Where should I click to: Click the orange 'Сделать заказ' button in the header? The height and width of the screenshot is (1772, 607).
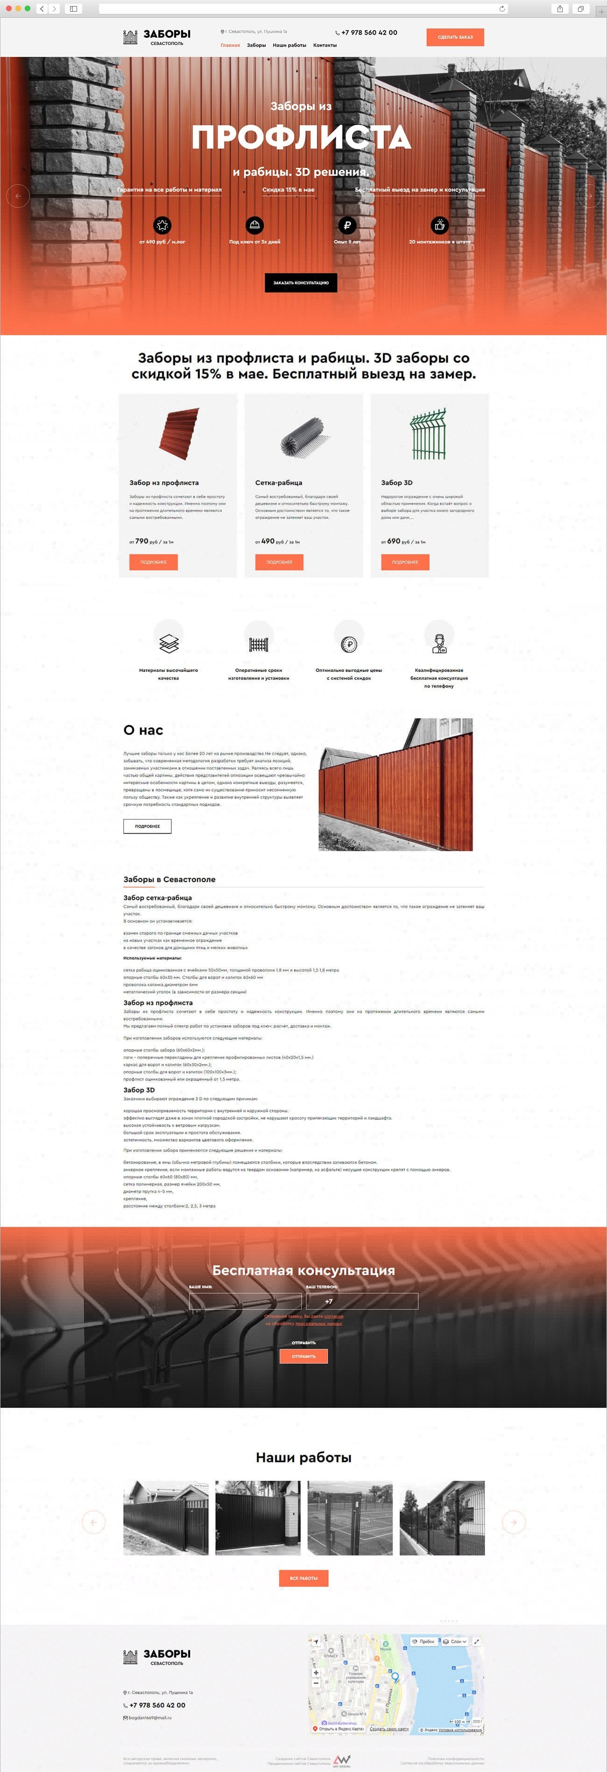coord(455,37)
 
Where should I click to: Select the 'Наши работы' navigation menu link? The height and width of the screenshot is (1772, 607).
coord(289,45)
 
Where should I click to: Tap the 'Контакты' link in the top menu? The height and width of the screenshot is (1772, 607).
coord(325,45)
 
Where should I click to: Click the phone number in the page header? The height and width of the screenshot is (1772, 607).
coord(368,32)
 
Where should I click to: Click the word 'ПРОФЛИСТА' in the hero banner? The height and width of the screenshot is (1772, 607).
coord(302,138)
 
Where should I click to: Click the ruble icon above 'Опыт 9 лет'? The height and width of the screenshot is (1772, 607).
coord(347,225)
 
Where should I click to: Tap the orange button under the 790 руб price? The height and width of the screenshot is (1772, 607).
coord(154,562)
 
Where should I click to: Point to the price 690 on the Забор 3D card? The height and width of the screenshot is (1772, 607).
coord(394,541)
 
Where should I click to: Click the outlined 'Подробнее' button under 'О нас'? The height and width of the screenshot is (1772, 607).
coord(147,826)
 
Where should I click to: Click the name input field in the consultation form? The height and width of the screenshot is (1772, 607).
coord(245,1301)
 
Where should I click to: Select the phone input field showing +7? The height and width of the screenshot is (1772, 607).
coord(362,1301)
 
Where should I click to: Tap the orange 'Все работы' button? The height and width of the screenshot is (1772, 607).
coord(303,1578)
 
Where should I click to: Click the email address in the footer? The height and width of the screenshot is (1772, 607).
coord(149,1718)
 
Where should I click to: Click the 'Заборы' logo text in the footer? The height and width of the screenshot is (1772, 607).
coord(167,1653)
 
